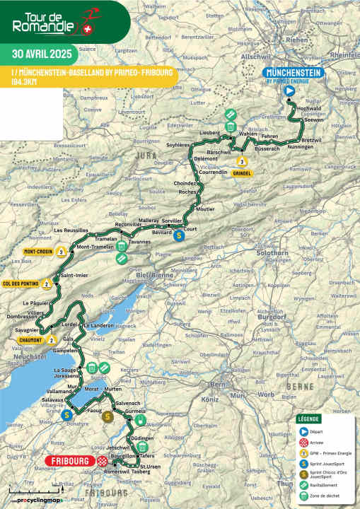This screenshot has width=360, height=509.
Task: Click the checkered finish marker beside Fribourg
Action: tap(103, 461)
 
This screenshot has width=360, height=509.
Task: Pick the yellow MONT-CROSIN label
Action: tap(40, 251)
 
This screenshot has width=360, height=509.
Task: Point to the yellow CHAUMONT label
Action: tap(28, 339)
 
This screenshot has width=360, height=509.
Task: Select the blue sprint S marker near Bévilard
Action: tap(179, 236)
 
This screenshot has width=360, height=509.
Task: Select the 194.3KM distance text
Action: tap(26, 82)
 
